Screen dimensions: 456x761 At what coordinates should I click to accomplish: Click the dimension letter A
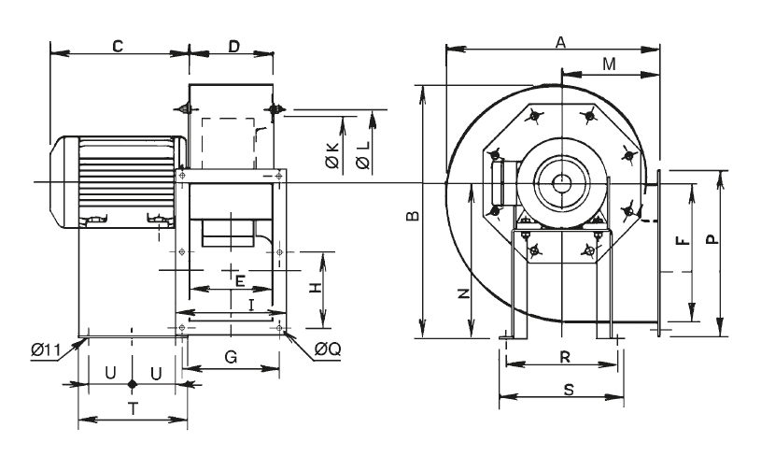[x=560, y=41]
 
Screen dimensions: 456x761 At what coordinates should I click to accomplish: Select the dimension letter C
[x=119, y=45]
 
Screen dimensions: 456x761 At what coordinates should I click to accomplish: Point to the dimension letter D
[x=233, y=45]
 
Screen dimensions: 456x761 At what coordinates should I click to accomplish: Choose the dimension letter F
[x=683, y=240]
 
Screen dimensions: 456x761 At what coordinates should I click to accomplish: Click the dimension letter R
[x=564, y=356]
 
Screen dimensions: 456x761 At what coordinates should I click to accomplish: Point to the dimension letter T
[x=133, y=407]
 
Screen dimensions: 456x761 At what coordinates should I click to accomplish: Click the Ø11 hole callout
[x=45, y=349]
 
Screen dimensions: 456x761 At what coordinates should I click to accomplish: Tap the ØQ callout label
[x=328, y=349]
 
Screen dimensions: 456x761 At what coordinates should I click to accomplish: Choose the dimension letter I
[x=251, y=304]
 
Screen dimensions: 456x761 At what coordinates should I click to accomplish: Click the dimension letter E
[x=240, y=280]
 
